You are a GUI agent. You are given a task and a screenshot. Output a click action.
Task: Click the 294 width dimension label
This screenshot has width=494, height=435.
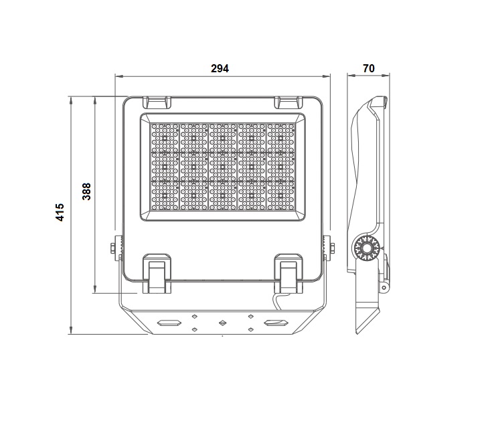[220, 68]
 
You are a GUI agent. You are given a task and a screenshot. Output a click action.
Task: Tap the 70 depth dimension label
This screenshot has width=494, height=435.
[369, 68]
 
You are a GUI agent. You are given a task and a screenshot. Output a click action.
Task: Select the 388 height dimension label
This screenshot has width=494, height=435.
[86, 191]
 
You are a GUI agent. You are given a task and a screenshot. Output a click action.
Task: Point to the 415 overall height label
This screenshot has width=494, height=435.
[60, 212]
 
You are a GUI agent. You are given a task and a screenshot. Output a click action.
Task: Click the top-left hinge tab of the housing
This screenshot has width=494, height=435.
[157, 102]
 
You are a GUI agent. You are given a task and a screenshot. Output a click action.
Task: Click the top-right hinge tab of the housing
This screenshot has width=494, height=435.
[289, 102]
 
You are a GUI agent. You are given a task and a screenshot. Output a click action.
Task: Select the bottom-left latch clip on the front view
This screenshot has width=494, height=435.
[157, 274]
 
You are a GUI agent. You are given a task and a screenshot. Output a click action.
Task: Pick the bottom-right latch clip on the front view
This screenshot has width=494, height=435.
[289, 274]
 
